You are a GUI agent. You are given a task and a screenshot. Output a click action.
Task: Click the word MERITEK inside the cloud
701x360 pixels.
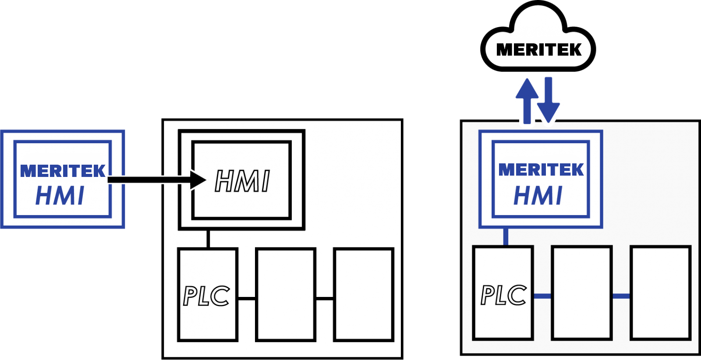538,49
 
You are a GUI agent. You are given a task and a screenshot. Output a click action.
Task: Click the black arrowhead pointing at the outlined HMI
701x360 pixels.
198,180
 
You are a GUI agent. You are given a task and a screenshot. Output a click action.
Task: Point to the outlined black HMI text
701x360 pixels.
242,181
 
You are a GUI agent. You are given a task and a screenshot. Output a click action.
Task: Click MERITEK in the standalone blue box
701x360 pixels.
63,171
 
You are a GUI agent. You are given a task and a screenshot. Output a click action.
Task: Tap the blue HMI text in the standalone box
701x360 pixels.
60,196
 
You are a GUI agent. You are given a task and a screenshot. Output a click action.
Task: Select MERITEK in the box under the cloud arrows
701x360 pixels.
541,169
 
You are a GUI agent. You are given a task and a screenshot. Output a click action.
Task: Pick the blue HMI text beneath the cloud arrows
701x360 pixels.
538,196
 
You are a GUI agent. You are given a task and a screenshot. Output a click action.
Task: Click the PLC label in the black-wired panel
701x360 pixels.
206,296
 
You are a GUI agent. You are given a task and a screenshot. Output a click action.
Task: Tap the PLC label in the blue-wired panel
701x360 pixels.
503,295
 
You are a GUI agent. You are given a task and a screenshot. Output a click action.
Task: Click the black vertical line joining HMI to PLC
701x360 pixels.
208,239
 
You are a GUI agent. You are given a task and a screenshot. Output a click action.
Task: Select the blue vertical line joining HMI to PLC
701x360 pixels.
506,237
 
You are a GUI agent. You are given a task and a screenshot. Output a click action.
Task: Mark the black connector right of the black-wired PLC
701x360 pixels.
247,299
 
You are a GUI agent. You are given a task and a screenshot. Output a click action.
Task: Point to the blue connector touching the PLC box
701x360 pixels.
542,296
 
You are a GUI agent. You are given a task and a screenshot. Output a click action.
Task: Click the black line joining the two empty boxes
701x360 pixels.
325,299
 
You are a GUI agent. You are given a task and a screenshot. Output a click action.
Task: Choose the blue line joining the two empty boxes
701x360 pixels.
621,296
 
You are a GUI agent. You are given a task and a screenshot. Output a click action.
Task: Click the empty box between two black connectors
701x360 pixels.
286,294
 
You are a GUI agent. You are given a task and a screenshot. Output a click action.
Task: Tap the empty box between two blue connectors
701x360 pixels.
581,293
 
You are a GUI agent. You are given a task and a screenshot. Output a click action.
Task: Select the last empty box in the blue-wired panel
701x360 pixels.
660,293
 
